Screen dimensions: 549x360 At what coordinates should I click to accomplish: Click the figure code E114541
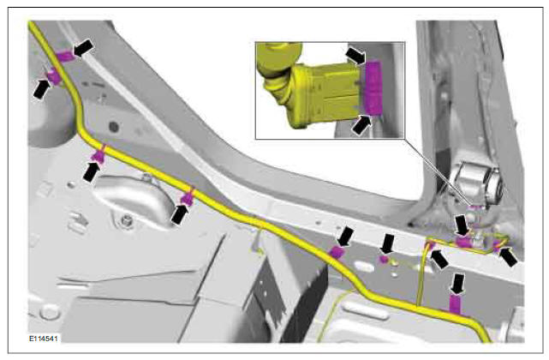(44, 339)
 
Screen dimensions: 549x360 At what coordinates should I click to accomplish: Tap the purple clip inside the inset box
(373, 87)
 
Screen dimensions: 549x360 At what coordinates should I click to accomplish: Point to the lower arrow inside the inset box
(361, 125)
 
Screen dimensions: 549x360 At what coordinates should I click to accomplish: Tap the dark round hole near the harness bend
(114, 127)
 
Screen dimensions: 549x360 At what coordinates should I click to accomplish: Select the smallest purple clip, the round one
(384, 259)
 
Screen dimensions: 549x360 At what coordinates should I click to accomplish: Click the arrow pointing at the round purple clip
(388, 243)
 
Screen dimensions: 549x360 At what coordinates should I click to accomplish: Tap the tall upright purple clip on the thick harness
(455, 303)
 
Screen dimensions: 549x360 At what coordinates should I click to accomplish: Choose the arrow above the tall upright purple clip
(457, 284)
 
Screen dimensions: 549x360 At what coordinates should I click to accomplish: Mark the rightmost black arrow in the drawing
(508, 256)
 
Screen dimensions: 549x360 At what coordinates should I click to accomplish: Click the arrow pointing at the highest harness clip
(83, 48)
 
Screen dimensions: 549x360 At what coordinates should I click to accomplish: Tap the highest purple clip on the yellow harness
(64, 56)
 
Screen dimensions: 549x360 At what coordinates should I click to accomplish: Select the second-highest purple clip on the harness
(54, 76)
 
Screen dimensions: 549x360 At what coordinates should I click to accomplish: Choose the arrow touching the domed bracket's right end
(180, 214)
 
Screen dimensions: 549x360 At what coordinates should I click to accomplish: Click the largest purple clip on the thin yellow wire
(463, 242)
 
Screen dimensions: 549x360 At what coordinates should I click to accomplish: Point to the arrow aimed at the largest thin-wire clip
(462, 225)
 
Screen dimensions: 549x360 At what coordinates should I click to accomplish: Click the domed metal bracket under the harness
(134, 200)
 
